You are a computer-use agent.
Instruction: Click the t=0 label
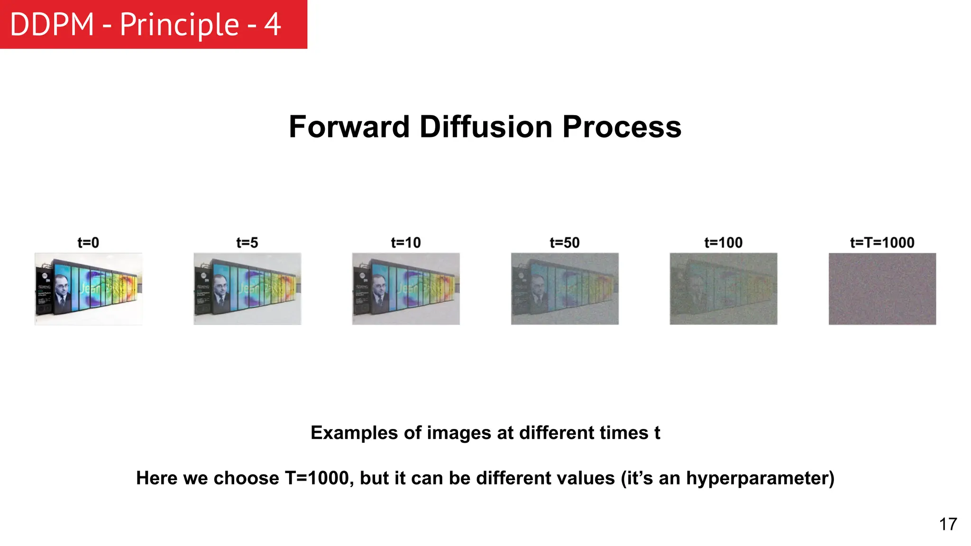click(88, 243)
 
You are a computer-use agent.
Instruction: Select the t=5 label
click(247, 243)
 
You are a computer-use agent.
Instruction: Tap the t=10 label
click(405, 243)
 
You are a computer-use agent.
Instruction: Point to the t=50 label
click(564, 243)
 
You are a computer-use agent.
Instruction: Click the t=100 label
click(723, 243)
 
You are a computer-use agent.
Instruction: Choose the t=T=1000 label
click(882, 243)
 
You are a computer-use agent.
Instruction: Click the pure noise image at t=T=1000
click(882, 289)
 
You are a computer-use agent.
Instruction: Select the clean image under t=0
click(88, 289)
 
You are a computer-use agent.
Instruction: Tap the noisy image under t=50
click(564, 289)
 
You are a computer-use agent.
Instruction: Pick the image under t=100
click(723, 289)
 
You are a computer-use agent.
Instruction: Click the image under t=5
click(247, 289)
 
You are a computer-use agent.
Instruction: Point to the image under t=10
click(405, 289)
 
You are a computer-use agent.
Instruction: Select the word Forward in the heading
click(349, 127)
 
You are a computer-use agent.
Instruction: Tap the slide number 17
click(948, 524)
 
